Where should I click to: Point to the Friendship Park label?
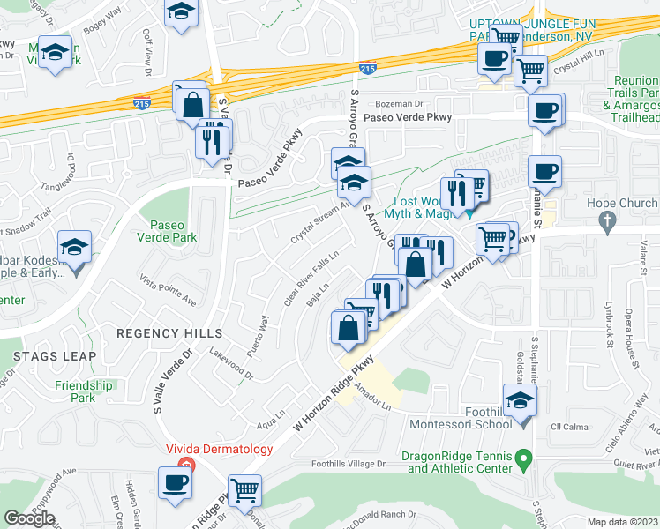click(x=84, y=391)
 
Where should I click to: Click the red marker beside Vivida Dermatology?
click(x=185, y=465)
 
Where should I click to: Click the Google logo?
click(x=29, y=518)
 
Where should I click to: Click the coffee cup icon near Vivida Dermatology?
click(x=173, y=481)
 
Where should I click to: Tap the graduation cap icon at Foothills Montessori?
click(x=521, y=401)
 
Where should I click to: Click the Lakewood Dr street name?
click(x=231, y=362)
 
